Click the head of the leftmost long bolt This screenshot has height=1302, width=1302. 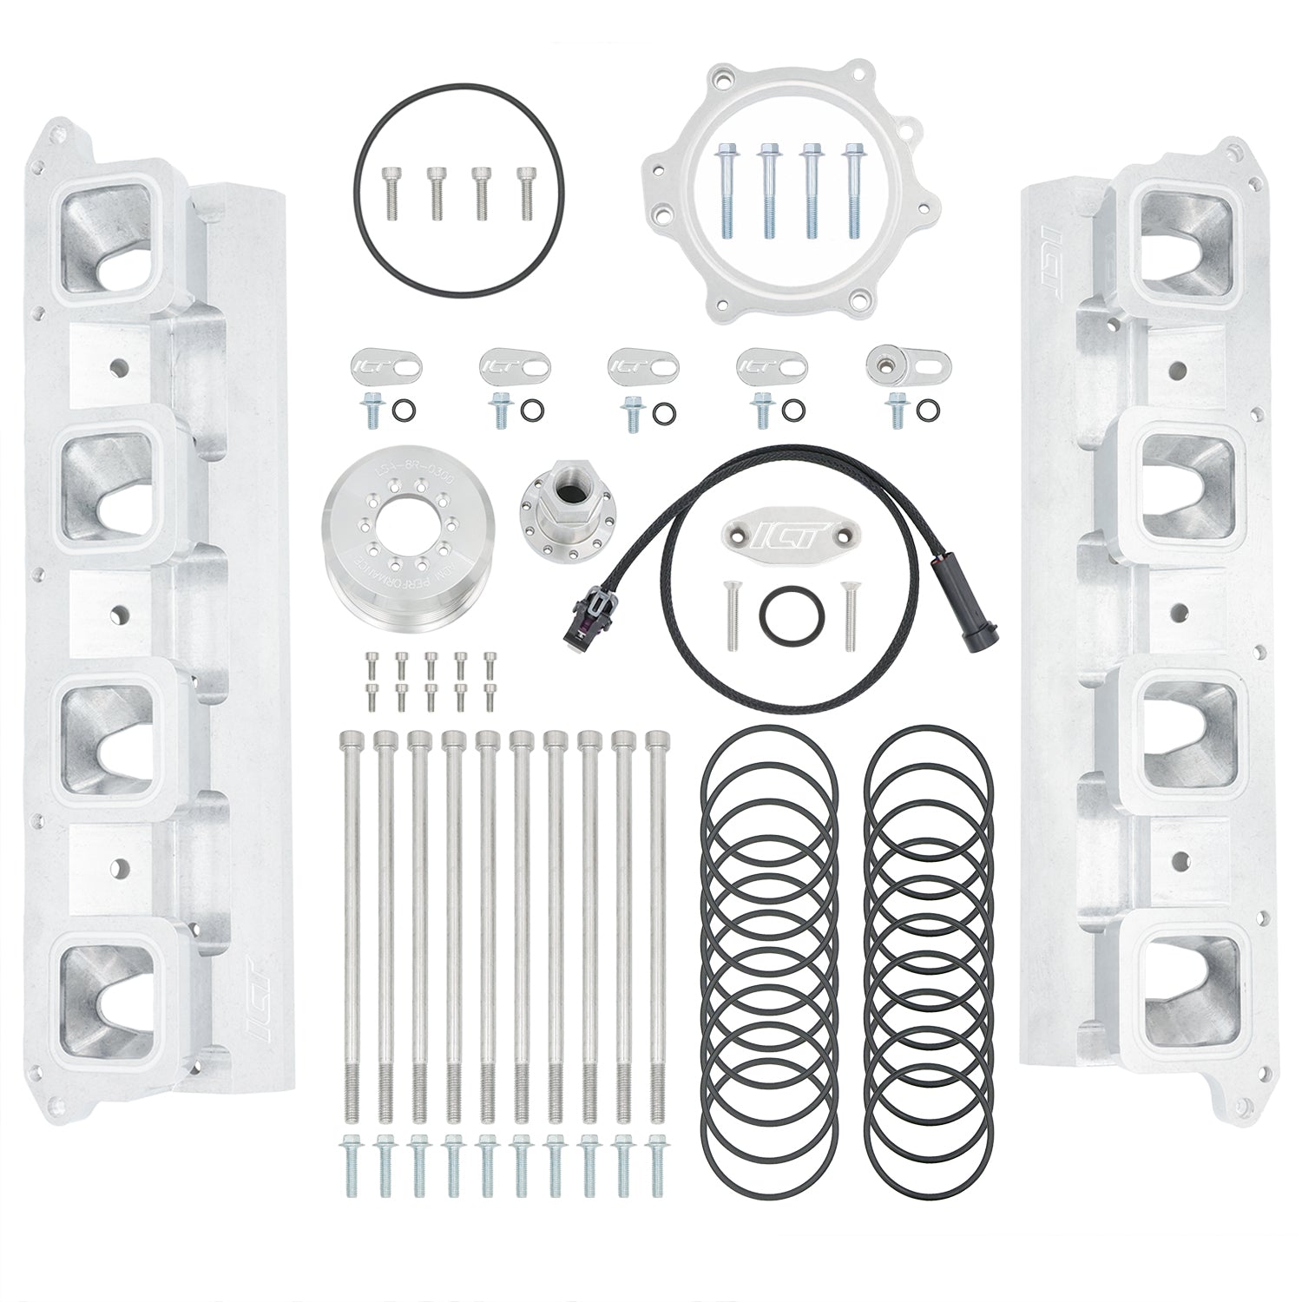click(348, 740)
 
